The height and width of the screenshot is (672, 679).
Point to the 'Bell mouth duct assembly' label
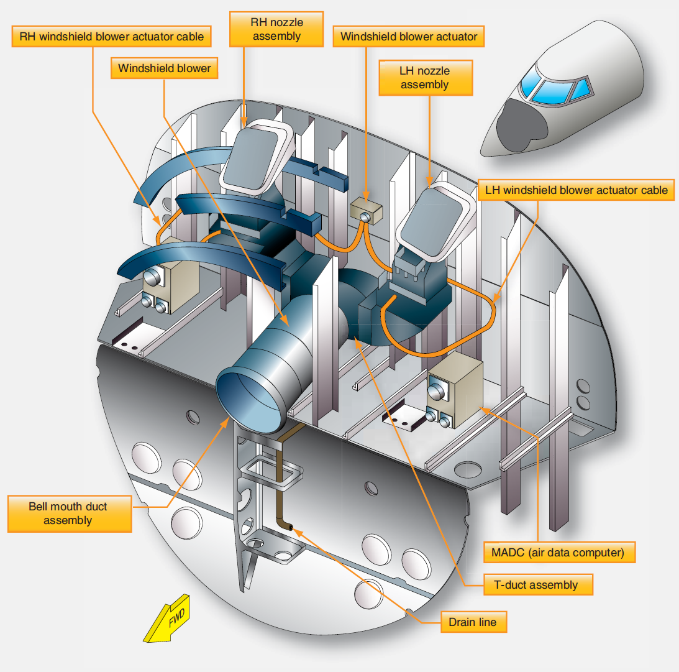click(x=68, y=513)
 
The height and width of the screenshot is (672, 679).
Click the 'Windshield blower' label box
click(x=165, y=68)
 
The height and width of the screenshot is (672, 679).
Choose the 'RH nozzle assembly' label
click(x=277, y=29)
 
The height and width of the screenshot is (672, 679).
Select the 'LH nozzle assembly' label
click(x=424, y=77)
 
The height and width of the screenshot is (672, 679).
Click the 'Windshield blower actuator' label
click(x=409, y=37)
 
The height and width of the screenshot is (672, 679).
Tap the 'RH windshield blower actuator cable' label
click(x=112, y=37)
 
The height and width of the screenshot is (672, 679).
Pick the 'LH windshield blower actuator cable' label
click(x=576, y=190)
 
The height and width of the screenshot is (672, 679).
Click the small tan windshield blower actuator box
click(x=365, y=211)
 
